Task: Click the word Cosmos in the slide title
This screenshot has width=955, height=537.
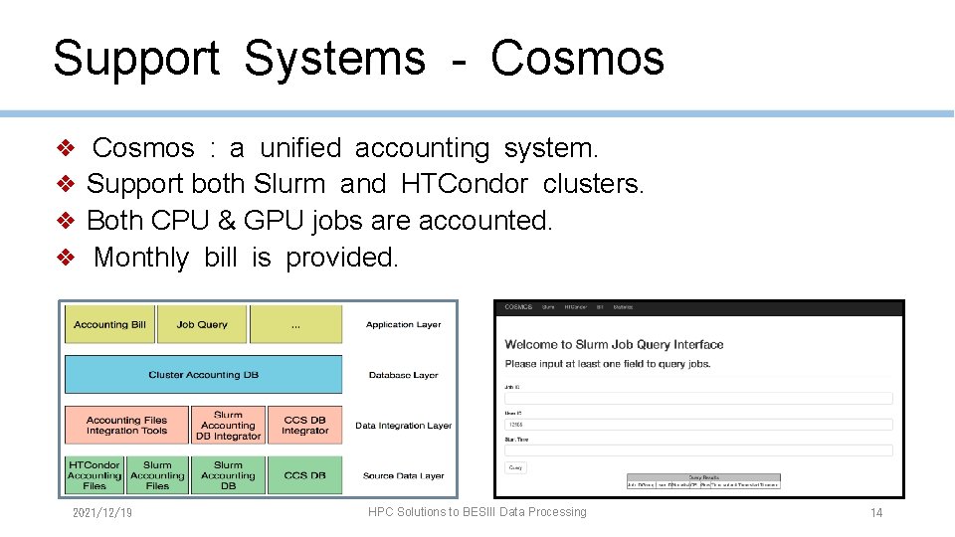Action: [x=577, y=58]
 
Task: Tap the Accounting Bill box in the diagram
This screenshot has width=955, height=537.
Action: [x=109, y=325]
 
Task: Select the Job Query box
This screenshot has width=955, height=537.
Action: [x=202, y=325]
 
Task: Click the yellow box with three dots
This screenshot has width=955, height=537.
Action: [x=295, y=325]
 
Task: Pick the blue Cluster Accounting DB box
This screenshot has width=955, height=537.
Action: [x=203, y=375]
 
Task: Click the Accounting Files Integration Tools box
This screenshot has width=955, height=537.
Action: [x=126, y=426]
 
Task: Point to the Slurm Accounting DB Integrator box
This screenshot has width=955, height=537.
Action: [x=228, y=426]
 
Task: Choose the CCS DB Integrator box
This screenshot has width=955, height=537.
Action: [x=304, y=426]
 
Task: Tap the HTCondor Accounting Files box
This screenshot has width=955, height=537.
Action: [x=95, y=475]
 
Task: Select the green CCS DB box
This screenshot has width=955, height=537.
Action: [x=304, y=475]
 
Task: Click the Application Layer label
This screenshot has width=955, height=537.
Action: [x=403, y=325]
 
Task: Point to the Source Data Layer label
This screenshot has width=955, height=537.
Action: [x=403, y=476]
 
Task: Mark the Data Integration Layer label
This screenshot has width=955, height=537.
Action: [x=403, y=426]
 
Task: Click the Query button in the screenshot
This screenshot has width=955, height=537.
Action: [x=515, y=467]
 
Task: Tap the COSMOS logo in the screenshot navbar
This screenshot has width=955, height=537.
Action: [x=518, y=307]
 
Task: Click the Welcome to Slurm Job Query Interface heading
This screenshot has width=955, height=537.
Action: [x=614, y=345]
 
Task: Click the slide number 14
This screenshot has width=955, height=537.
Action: [x=875, y=513]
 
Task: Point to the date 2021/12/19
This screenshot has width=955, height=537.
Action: [x=102, y=513]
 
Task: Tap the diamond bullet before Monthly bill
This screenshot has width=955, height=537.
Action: [x=66, y=258]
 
